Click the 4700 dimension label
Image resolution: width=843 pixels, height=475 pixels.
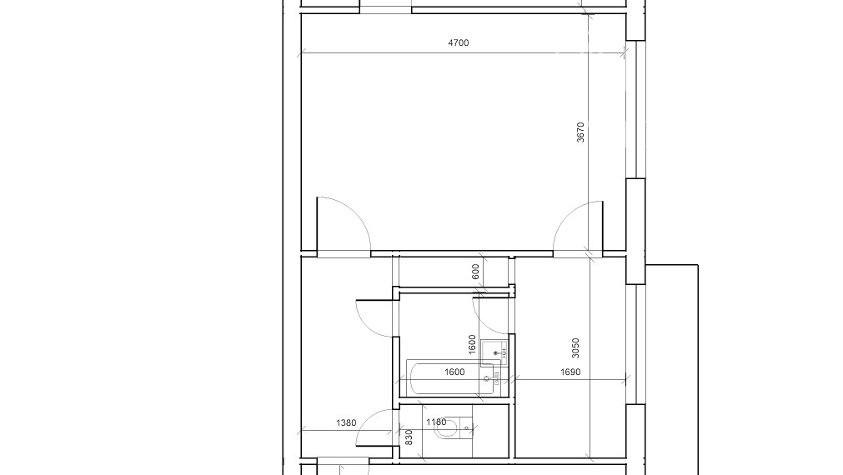coord(459,42)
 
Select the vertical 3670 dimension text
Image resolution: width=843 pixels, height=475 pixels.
coord(581,132)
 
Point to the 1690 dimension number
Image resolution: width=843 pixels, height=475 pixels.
coord(570,372)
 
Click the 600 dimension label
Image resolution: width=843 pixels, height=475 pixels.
coord(475,272)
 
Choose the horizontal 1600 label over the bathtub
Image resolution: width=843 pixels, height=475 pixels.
coord(454,372)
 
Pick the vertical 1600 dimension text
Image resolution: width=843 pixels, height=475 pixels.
coord(472,344)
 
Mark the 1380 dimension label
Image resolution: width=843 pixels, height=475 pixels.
coord(346,423)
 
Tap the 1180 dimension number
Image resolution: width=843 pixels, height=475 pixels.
coord(436,422)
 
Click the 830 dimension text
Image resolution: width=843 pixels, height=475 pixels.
coord(409,437)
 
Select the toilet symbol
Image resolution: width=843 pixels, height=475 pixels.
coord(451,431)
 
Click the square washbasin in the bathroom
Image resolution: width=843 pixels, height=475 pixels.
coord(494,352)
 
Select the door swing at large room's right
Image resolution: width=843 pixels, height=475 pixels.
coord(577,225)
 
